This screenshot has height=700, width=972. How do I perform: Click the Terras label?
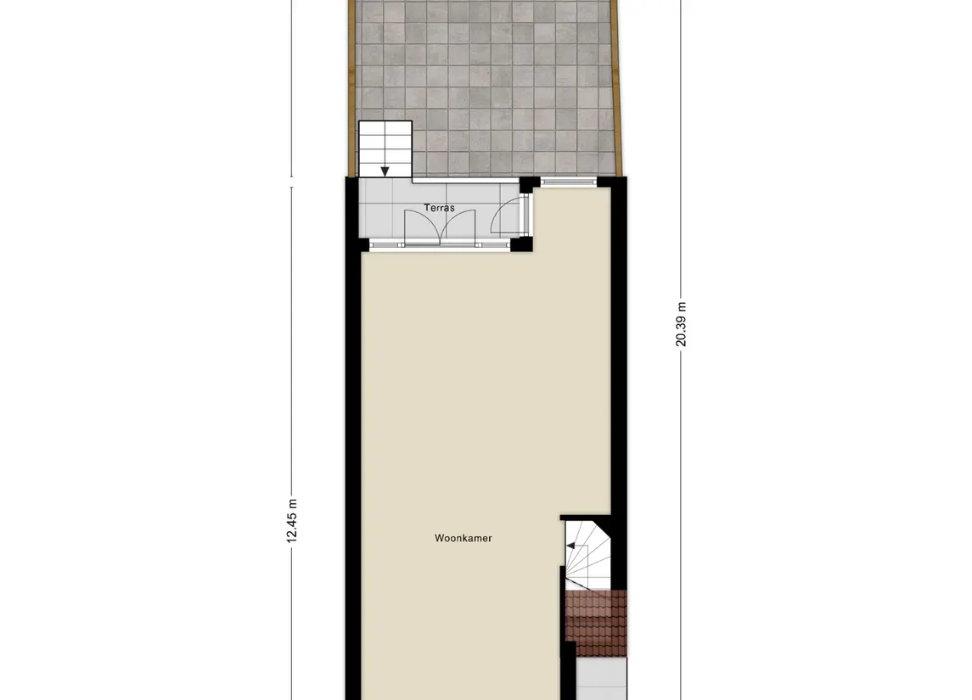point(439,208)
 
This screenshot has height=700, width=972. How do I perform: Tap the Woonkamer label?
point(464,538)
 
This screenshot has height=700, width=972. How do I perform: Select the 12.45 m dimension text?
point(291,518)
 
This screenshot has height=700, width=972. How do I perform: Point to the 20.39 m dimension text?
point(681,324)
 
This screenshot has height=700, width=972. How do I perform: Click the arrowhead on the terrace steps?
point(385,171)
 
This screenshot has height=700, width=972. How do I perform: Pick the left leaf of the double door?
point(421,226)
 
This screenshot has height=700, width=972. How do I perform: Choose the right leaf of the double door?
point(458,226)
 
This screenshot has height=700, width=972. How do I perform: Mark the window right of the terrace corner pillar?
point(568,181)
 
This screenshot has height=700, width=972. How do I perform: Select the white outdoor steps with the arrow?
point(385,148)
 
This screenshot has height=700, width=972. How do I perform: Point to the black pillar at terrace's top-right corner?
point(527,183)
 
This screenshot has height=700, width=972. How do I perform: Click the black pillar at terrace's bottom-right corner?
point(522,244)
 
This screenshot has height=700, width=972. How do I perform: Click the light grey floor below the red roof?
point(601,679)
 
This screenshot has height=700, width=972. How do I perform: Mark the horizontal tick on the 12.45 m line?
point(292,177)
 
